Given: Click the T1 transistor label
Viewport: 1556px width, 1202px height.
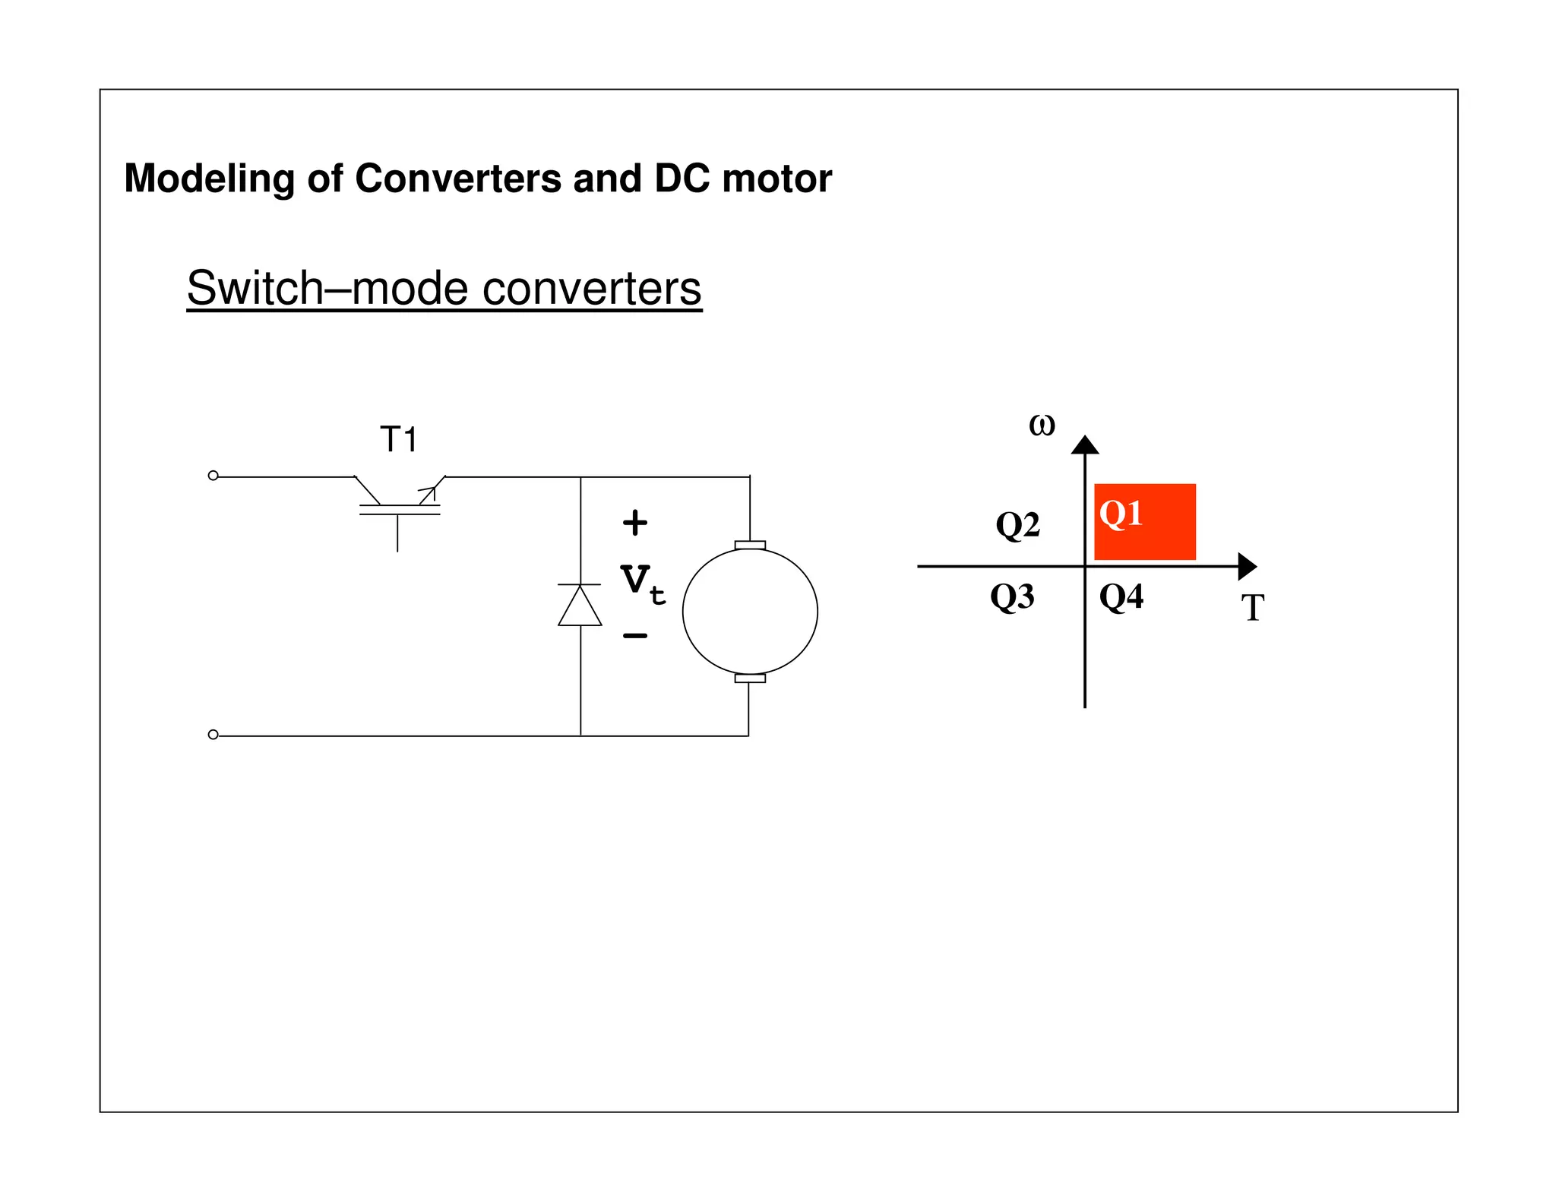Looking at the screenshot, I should point(399,440).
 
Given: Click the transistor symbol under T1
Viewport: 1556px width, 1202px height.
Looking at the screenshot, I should point(399,505).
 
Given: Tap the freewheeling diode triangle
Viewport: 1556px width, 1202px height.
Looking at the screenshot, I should point(580,606).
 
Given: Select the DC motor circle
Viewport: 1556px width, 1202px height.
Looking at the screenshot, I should point(750,612).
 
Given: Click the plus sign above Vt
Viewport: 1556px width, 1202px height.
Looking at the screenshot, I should point(635,523).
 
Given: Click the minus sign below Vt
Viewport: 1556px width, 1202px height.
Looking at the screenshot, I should point(635,635).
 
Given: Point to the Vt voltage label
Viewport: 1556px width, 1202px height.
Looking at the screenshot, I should point(643,584).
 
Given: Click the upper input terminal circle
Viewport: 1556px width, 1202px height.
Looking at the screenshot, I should point(213,476).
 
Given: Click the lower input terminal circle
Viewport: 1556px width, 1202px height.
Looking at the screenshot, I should point(213,735).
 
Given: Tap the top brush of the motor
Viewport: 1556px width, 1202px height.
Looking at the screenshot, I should point(750,545).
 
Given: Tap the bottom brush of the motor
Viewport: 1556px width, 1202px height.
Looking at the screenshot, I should point(750,678).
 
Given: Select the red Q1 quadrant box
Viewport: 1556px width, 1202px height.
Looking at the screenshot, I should point(1145,522).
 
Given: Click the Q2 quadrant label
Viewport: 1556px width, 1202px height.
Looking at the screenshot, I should point(1017,524).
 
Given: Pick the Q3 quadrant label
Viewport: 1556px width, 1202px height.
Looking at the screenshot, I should point(1012,596).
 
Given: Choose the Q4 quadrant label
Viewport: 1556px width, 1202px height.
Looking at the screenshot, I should point(1121,596).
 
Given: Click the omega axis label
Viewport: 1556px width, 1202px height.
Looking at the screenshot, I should point(1042,425).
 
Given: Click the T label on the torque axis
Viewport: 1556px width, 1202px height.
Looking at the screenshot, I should point(1252,608).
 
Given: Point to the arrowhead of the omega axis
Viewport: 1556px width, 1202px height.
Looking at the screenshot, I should point(1085,445).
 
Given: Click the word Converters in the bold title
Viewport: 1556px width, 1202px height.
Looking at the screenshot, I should point(458,179).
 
